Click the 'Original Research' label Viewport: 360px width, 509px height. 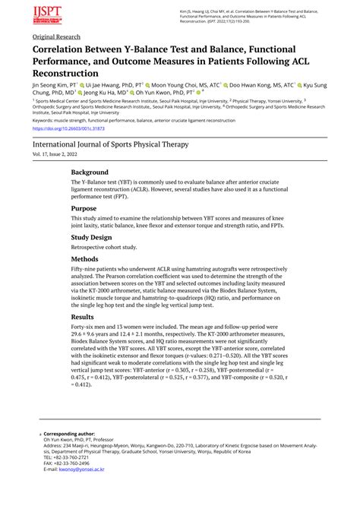coord(56,36)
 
